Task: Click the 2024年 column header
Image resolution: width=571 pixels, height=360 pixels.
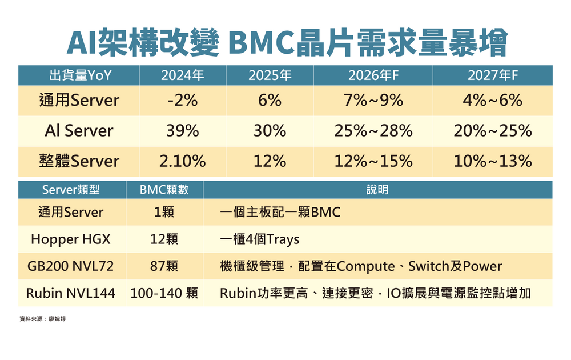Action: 182,75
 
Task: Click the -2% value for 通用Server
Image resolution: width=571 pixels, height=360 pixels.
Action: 182,101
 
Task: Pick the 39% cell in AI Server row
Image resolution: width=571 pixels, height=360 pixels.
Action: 182,131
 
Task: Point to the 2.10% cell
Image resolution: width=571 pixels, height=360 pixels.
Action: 182,161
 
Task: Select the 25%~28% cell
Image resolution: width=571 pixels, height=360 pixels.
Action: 373,131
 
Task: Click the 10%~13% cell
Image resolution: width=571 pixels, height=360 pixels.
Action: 493,161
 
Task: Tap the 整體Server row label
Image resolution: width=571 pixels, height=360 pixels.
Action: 79,161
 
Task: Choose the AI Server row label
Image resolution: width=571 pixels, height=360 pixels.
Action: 79,131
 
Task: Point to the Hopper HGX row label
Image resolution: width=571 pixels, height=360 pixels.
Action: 71,239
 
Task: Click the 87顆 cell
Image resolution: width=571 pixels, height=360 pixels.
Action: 164,266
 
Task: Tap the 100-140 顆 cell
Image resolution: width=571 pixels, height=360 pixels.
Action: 164,294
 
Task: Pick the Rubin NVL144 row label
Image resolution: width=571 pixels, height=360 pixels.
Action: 71,294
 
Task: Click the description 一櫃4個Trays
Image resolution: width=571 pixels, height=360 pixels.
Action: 260,239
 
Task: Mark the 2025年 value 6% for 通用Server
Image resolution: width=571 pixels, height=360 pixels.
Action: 270,101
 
